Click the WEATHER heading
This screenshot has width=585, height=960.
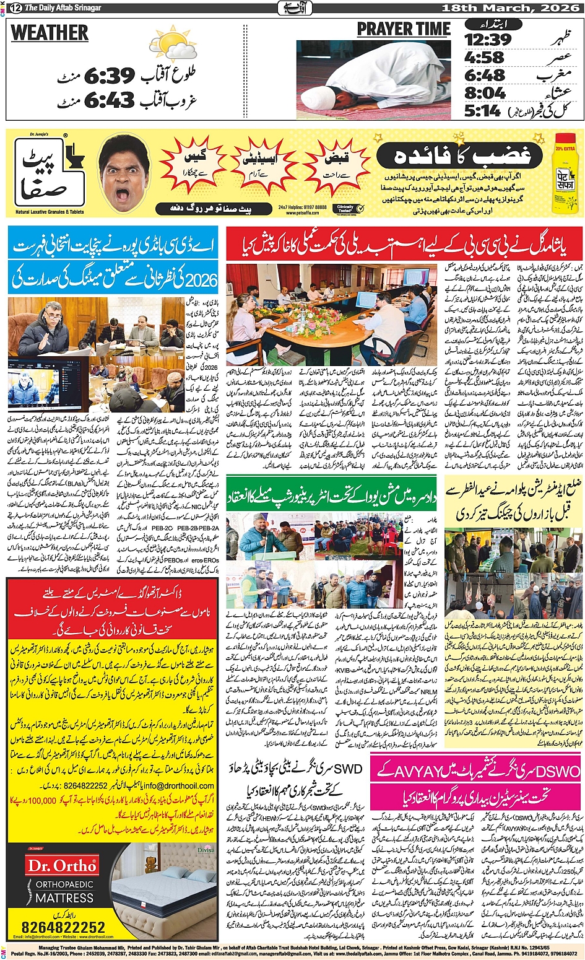pos(50,32)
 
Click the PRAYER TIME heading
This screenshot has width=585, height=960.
pos(403,29)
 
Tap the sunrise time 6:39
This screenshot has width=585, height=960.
pos(109,76)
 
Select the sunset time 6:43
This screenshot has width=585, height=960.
pos(109,100)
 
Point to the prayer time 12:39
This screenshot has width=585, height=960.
pos(488,40)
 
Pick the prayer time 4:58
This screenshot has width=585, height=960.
pos(485,58)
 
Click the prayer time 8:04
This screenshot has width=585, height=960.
pos(485,93)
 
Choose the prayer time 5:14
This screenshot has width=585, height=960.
pos(483,111)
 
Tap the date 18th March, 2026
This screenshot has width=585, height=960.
pos(511,8)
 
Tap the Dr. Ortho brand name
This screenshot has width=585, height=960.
pos(61,865)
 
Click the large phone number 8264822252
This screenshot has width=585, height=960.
pos(63,927)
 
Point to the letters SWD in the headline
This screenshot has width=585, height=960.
pos(348,770)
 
